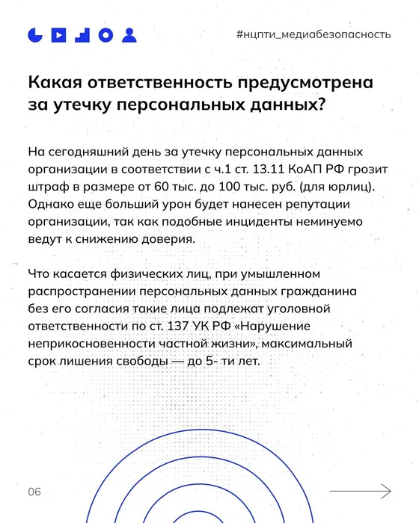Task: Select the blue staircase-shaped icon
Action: click(x=82, y=34)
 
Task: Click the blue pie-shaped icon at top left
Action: click(x=35, y=34)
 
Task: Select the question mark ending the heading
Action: click(x=320, y=105)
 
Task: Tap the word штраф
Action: click(x=46, y=187)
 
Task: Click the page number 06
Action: click(x=34, y=491)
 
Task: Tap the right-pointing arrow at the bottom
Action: click(x=375, y=491)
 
